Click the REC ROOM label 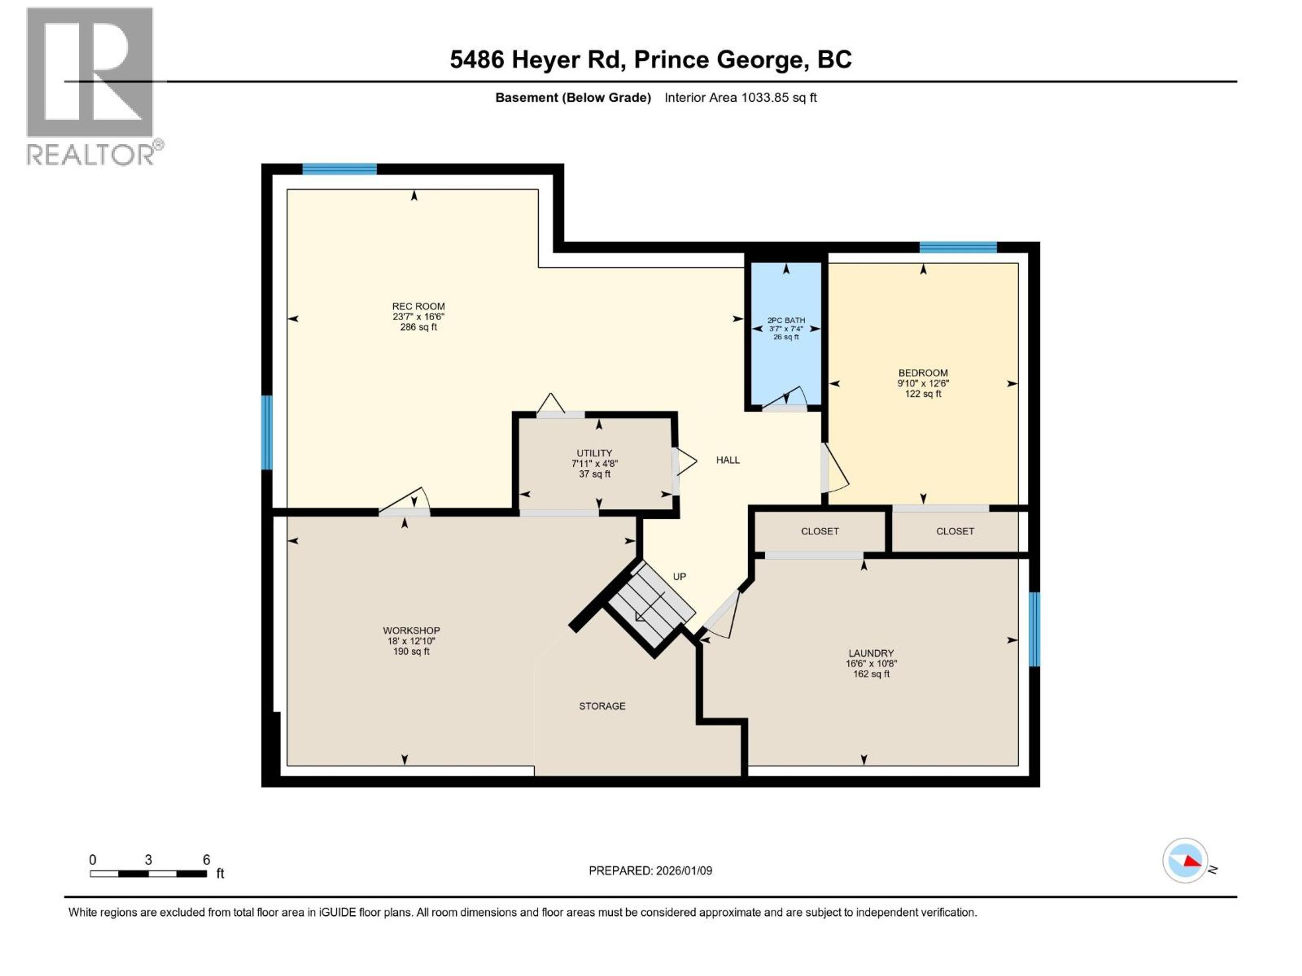point(418,306)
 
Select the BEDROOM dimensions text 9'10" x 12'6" point(923,383)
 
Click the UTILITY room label point(594,453)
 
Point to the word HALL point(728,460)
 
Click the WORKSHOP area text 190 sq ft point(411,651)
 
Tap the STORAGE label point(602,706)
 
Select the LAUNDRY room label point(871,653)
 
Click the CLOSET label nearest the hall point(819,531)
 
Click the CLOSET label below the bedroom point(955,531)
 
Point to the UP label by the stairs point(679,576)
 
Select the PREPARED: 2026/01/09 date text point(650,871)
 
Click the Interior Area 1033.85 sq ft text point(741,98)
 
